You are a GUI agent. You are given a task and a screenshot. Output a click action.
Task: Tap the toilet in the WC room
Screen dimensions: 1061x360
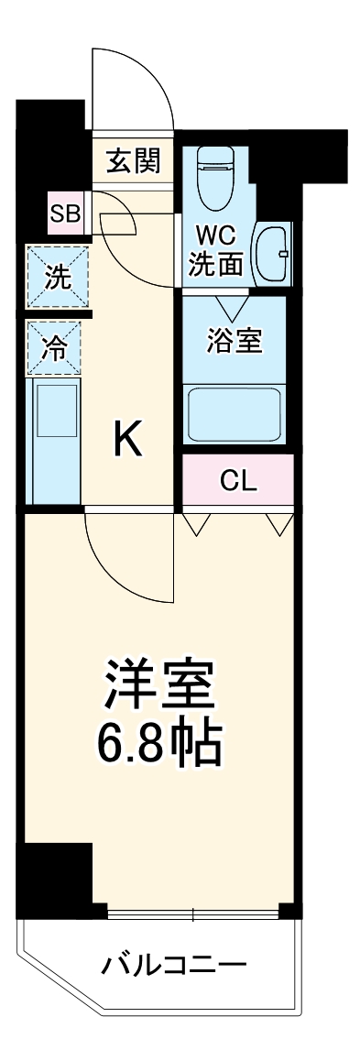pyautogui.click(x=217, y=179)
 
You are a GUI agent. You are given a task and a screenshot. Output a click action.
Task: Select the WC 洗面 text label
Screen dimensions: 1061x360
pyautogui.click(x=216, y=252)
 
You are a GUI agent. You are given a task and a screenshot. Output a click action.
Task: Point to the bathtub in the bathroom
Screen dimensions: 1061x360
pyautogui.click(x=235, y=416)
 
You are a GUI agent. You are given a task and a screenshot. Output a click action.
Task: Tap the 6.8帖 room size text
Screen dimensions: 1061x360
pyautogui.click(x=159, y=748)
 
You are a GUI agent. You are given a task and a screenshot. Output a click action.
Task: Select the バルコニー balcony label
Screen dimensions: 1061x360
pyautogui.click(x=174, y=965)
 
